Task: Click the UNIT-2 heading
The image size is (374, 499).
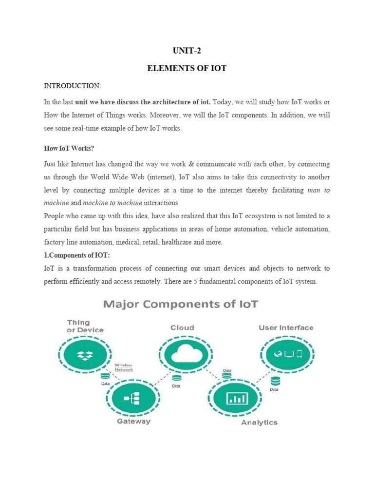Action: click(x=187, y=50)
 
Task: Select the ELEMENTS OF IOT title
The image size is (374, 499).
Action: click(x=187, y=68)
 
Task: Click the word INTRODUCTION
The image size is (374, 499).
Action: click(x=73, y=86)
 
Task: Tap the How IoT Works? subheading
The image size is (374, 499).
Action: click(x=69, y=149)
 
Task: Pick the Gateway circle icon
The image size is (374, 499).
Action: click(x=132, y=399)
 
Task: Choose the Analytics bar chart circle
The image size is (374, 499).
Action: click(x=237, y=399)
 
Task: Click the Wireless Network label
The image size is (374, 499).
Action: click(x=123, y=367)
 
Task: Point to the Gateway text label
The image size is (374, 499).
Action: click(x=133, y=422)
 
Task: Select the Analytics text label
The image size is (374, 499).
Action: click(x=259, y=422)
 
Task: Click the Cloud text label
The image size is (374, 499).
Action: click(x=182, y=328)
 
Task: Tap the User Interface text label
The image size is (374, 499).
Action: click(x=285, y=328)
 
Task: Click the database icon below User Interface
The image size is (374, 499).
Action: click(x=275, y=381)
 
